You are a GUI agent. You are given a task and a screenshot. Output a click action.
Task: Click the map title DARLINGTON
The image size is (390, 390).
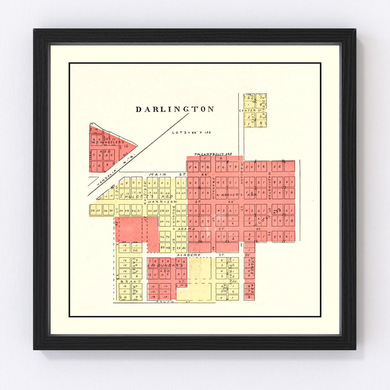(175, 109)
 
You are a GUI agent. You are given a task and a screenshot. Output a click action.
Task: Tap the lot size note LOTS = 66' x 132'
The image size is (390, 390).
(191, 133)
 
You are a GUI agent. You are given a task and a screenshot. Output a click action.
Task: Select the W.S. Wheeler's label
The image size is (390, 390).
(105, 142)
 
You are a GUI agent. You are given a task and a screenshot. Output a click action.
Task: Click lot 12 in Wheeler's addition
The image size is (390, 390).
(126, 146)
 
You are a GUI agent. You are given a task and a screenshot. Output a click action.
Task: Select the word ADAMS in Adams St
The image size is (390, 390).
(189, 229)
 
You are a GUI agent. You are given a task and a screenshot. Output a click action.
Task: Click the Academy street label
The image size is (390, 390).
(188, 255)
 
